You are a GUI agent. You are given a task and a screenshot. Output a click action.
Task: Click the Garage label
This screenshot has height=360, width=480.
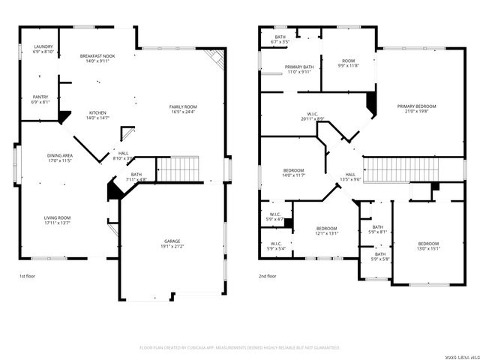click(x=172, y=243)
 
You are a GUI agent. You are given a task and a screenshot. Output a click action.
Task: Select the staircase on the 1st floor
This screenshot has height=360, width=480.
click(x=178, y=169)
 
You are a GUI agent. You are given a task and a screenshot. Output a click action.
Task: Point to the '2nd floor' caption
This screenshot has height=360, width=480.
click(x=268, y=276)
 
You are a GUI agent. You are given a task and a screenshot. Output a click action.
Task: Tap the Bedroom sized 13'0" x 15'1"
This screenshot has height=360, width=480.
click(x=428, y=247)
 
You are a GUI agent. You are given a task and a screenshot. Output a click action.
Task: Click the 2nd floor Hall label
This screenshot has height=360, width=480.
click(x=350, y=177)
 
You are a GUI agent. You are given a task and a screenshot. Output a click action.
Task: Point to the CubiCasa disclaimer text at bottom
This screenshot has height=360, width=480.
click(x=240, y=348)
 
